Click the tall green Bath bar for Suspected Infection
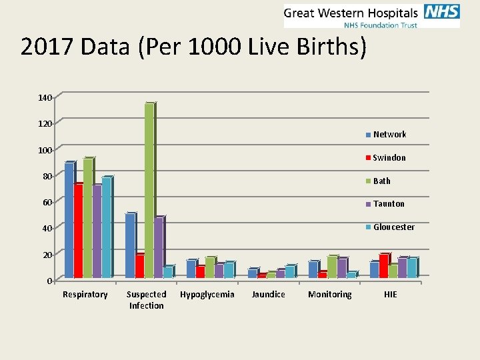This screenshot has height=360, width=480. click(149, 190)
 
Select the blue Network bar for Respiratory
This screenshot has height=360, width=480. click(69, 220)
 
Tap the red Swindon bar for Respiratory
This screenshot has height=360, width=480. click(78, 230)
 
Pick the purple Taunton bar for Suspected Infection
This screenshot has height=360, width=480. click(158, 247)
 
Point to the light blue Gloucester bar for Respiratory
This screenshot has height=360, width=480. click(106, 227)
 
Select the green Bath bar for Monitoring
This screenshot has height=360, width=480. click(331, 267)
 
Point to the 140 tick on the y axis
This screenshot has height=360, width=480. click(44, 98)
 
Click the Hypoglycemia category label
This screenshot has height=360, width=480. click(207, 295)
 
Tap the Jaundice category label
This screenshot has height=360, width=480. click(268, 295)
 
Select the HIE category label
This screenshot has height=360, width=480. click(390, 295)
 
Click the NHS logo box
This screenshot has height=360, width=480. click(441, 12)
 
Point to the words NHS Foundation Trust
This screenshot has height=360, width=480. click(380, 25)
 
